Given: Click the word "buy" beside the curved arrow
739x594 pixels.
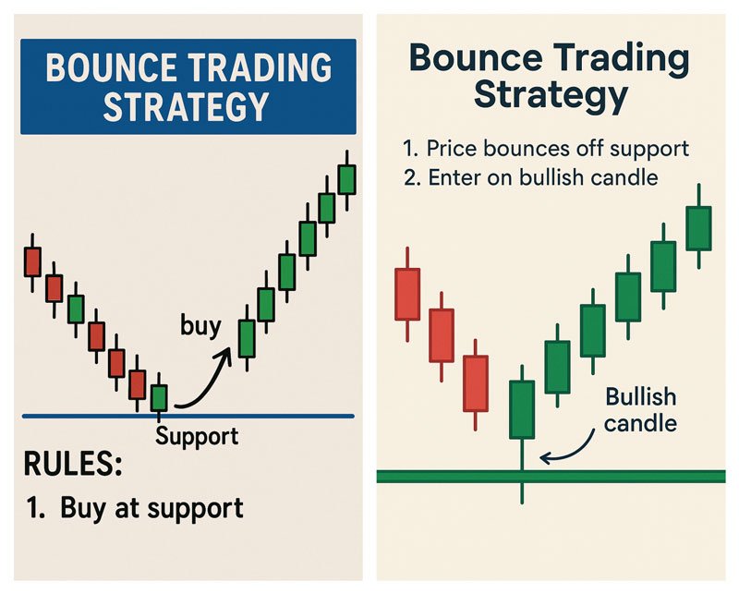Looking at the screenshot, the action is [x=200, y=326].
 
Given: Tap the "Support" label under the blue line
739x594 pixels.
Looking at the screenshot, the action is [x=197, y=436].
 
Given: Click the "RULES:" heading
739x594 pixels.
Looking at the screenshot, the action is [x=73, y=464].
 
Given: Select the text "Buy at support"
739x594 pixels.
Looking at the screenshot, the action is [x=151, y=508].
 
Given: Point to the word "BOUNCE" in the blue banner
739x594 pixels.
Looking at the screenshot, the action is [x=112, y=67].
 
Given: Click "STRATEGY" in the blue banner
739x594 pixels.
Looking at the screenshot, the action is [x=186, y=106].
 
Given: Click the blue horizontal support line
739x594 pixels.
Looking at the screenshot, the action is [x=188, y=417].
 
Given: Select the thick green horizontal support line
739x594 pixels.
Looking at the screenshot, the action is [x=551, y=476].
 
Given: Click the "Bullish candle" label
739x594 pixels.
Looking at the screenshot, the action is [x=640, y=409].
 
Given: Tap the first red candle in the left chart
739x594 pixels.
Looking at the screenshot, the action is [x=32, y=262].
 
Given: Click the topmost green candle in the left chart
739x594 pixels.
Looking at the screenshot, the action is [x=347, y=179].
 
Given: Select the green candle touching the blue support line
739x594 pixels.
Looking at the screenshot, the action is [x=159, y=397].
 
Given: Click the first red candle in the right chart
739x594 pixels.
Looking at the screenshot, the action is [x=407, y=294].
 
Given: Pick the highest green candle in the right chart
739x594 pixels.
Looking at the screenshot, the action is [x=698, y=228].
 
